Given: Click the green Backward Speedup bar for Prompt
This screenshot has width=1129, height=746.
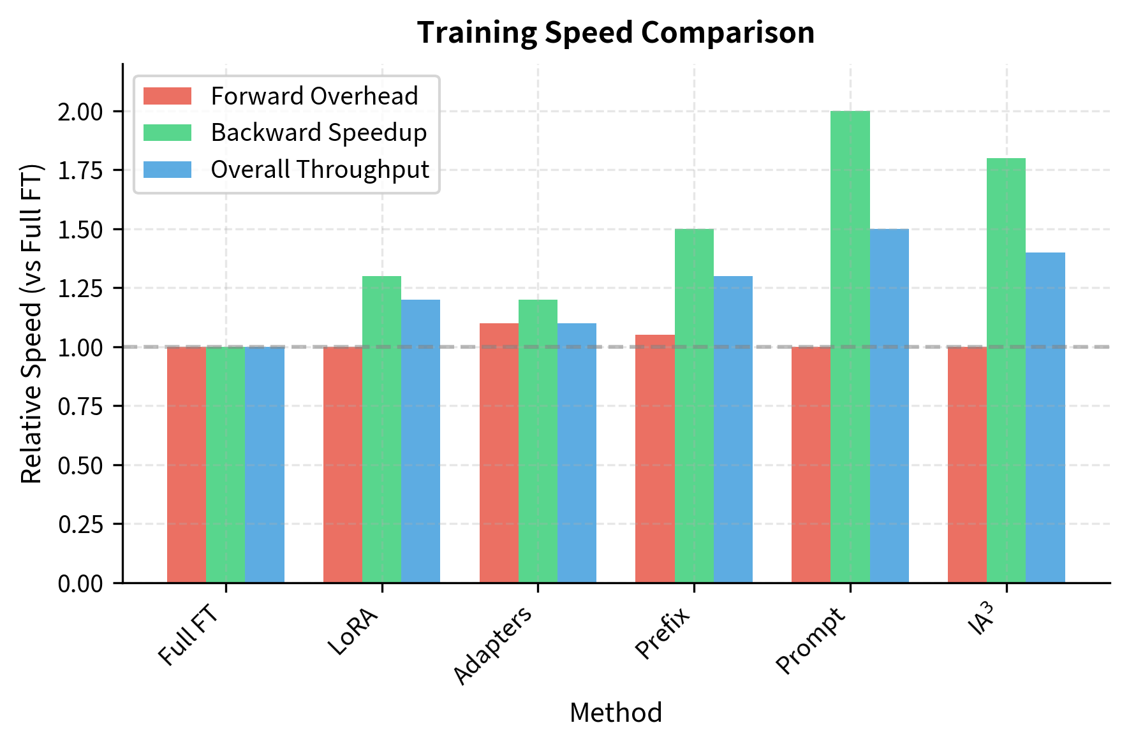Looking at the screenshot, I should (850, 347).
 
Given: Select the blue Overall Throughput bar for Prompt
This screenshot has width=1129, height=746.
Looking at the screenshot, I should (889, 406).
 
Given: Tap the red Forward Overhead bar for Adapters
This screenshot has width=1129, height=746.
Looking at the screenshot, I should (499, 453).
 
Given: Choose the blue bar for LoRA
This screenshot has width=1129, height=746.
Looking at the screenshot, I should (420, 441).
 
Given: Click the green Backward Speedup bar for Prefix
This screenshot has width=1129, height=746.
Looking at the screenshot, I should (694, 406).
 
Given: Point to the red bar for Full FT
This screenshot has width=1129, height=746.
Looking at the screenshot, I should (186, 464).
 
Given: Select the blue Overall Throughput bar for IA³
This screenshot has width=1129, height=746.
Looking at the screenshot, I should (1045, 418).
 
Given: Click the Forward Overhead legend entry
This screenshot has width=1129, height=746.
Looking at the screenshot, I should (314, 96).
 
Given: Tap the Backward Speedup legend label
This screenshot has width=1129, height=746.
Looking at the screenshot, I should (319, 133).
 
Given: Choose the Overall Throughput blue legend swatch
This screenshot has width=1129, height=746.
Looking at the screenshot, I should (167, 170).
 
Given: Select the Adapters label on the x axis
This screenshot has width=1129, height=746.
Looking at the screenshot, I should (492, 645).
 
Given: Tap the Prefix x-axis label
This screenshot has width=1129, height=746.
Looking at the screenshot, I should (663, 633).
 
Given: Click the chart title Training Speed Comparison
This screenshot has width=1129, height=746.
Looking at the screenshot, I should (616, 33).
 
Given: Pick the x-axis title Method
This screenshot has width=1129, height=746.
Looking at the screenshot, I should (616, 713).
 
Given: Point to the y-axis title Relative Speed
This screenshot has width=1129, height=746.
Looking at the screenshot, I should (31, 323).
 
